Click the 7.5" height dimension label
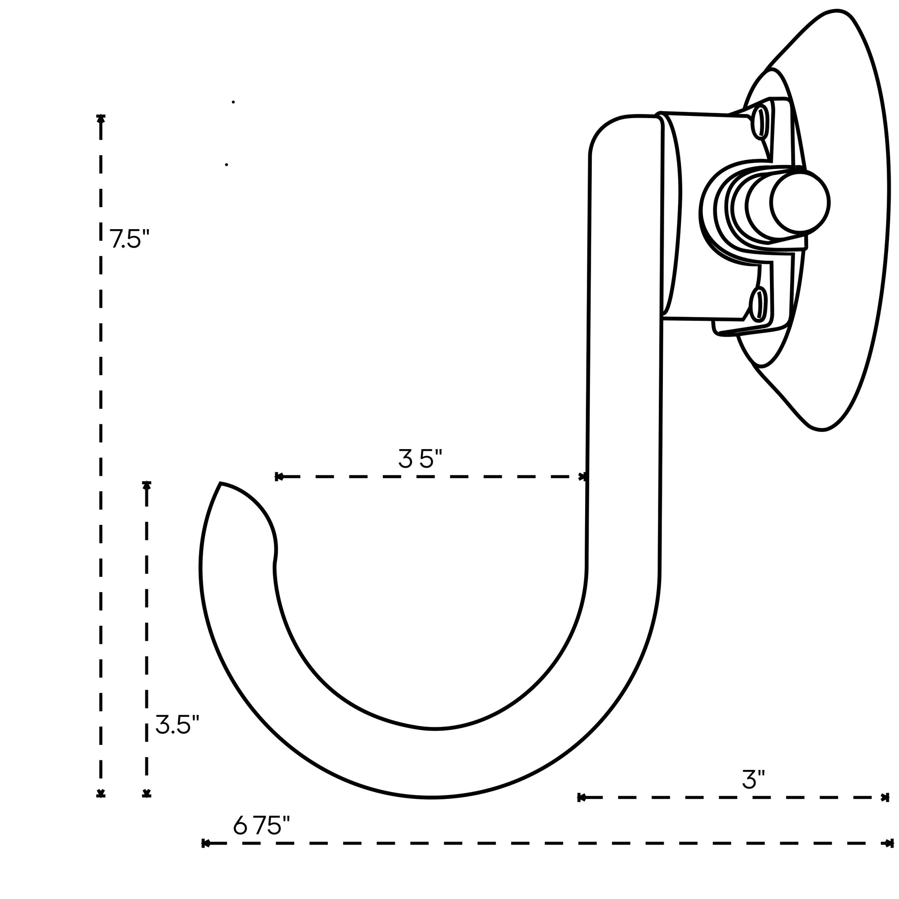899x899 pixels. (x=129, y=239)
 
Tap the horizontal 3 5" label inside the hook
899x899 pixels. (x=420, y=459)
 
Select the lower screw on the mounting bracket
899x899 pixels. (x=758, y=305)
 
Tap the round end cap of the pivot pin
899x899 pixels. (x=799, y=202)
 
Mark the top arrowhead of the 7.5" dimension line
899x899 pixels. (x=101, y=119)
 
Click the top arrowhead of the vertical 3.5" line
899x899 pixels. (x=147, y=485)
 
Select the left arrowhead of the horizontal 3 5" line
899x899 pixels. (x=279, y=476)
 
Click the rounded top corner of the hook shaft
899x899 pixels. (x=605, y=130)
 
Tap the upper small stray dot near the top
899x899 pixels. (x=233, y=102)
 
